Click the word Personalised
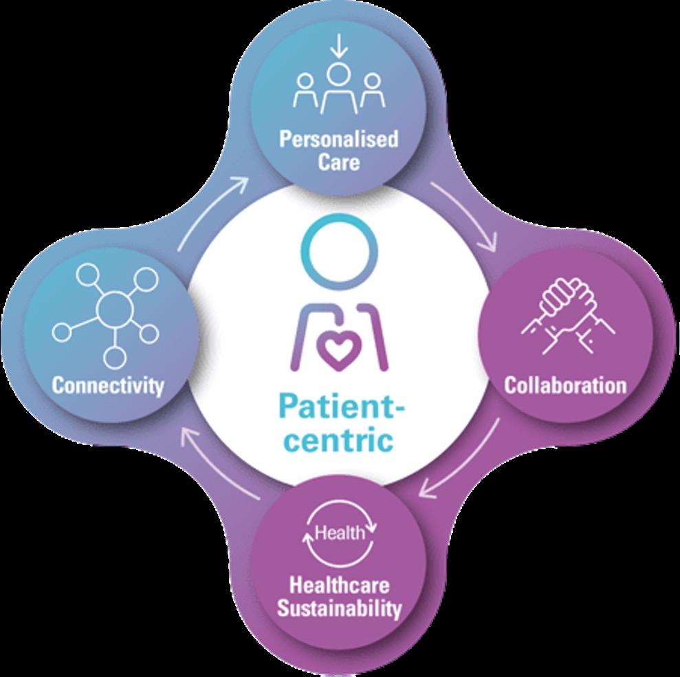point(338,140)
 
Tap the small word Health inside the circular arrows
point(339,533)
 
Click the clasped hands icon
point(568,316)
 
